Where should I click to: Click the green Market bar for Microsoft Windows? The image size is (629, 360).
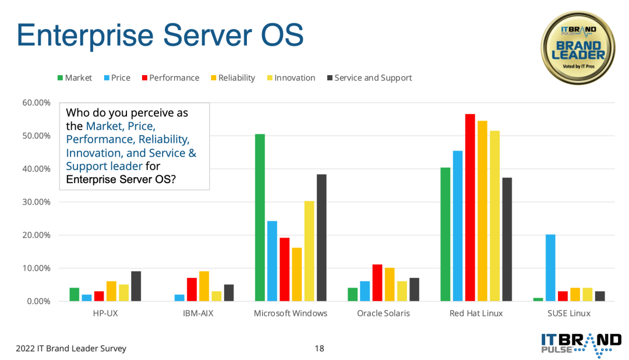[x=260, y=217]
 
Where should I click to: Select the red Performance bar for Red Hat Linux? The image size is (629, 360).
[x=470, y=207]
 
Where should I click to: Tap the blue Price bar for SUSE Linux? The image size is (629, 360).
[x=550, y=268]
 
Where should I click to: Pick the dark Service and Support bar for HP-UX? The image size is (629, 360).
[x=136, y=286]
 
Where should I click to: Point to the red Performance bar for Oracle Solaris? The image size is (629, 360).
[x=377, y=283]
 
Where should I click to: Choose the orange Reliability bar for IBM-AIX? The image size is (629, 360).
[x=204, y=286]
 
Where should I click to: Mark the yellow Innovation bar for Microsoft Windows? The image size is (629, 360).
[x=309, y=251]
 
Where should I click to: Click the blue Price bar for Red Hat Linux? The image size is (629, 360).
[x=458, y=226]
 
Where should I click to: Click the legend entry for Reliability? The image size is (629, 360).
[x=233, y=78]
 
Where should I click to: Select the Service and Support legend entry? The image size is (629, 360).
[x=369, y=78]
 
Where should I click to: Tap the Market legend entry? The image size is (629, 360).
[x=75, y=78]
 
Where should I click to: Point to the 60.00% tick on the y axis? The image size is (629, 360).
[x=37, y=103]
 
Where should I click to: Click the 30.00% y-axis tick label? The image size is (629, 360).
[x=37, y=202]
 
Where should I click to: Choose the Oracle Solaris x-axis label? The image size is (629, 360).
[x=383, y=313]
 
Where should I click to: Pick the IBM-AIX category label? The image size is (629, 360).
[x=198, y=313]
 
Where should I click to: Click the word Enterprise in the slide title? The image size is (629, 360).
[x=85, y=36]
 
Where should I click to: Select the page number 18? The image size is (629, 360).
[x=319, y=348]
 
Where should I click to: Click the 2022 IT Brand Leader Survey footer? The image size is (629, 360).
[x=71, y=348]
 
